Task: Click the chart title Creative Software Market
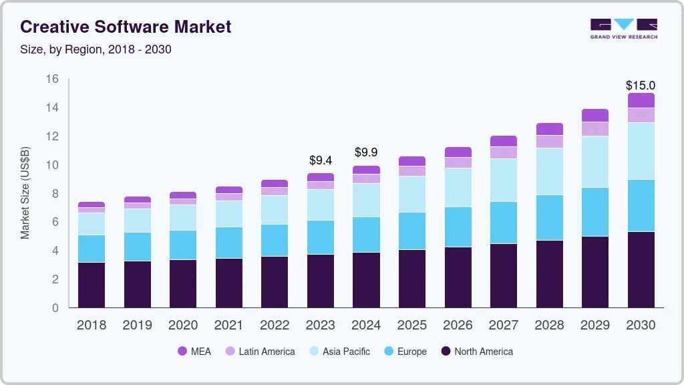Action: (x=126, y=27)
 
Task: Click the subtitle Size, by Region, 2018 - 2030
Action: (x=96, y=49)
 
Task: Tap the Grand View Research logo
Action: (x=623, y=28)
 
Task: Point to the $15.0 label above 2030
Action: (x=640, y=86)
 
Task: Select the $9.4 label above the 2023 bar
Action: (x=321, y=160)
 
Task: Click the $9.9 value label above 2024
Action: (x=366, y=152)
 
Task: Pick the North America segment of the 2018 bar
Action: (x=92, y=285)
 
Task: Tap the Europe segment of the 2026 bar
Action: (x=458, y=227)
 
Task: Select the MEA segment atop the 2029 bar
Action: (x=594, y=115)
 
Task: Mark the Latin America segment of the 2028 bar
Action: (x=549, y=142)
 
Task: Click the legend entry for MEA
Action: (x=194, y=352)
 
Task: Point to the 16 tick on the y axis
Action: (x=52, y=79)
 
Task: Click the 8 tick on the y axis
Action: (x=55, y=194)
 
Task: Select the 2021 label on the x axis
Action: (x=229, y=326)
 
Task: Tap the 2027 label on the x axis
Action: (x=503, y=326)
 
